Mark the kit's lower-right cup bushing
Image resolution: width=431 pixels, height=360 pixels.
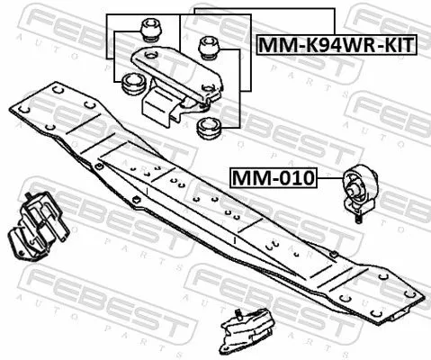[x=208, y=125]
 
